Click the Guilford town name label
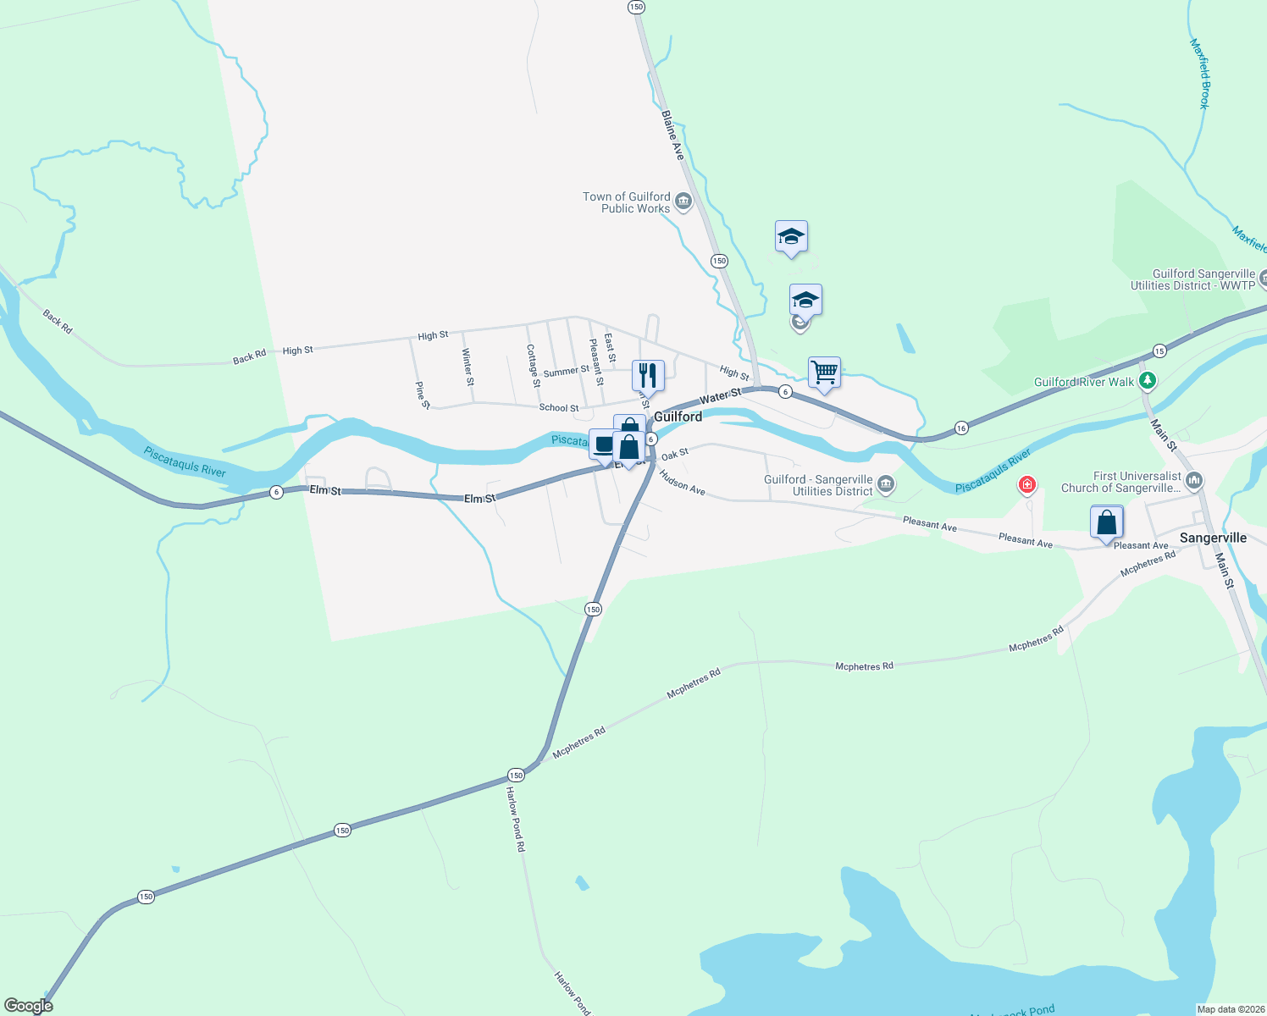pos(678,417)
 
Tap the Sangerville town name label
pos(1213,538)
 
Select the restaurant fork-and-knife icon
pos(648,373)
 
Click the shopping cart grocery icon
pos(824,372)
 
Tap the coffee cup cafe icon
pos(602,444)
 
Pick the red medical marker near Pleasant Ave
pos(1027,484)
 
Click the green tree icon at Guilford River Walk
pos(1148,381)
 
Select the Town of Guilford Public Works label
pos(627,202)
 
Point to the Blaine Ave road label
pos(672,135)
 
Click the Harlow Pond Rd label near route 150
pos(515,819)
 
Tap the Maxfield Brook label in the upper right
pos(1200,73)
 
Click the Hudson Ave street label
pos(682,483)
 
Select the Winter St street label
pos(468,367)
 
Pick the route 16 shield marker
pos(961,428)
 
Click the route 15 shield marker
pos(1159,351)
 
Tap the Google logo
pos(28,1006)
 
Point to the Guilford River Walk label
pos(1083,382)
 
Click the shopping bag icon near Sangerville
pos(1106,522)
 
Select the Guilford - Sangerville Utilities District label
pos(818,485)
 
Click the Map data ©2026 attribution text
pos(1230,1009)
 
